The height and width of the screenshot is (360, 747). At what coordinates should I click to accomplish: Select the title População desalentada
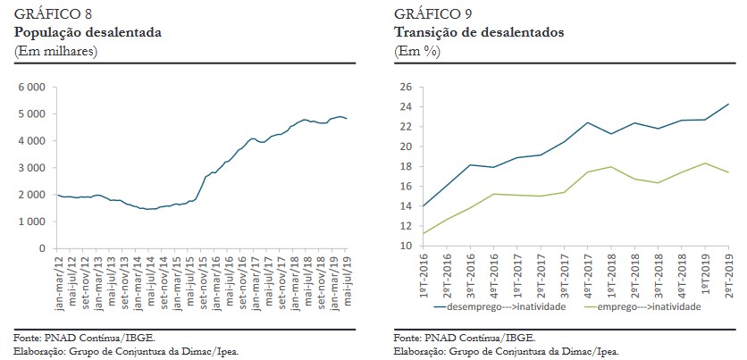[x=88, y=31]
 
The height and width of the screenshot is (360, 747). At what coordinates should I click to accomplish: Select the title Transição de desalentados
[x=478, y=31]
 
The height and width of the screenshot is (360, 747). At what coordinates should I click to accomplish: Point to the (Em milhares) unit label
[x=55, y=50]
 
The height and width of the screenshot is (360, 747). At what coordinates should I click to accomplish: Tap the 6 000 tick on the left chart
[x=31, y=88]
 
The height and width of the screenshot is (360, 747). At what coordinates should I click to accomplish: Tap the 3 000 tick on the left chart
[x=31, y=168]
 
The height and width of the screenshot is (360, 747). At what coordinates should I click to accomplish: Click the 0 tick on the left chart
[x=42, y=247]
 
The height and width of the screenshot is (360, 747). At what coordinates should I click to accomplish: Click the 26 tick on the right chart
[x=404, y=88]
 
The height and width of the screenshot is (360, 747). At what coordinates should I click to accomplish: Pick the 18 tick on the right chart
[x=404, y=167]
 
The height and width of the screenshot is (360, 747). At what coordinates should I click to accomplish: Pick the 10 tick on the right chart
[x=404, y=247]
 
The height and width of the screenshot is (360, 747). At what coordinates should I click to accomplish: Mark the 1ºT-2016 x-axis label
[x=424, y=272]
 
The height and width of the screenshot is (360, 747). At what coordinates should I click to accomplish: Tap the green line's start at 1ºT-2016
[x=424, y=234]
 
